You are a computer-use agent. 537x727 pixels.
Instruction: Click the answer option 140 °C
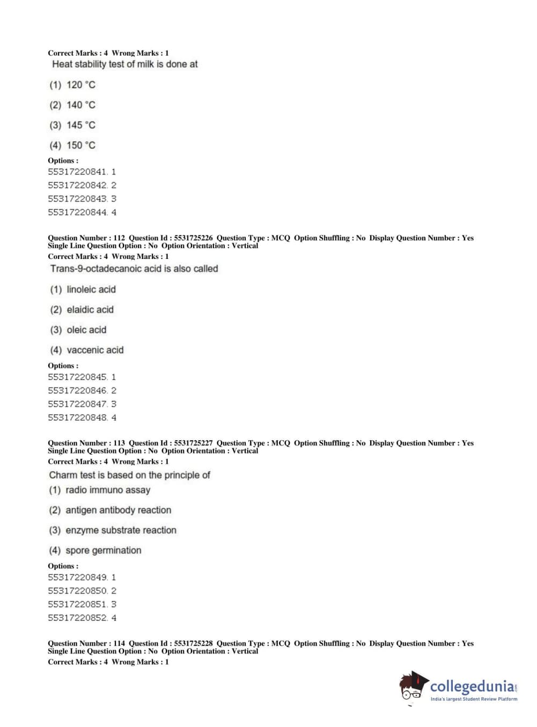[72, 105]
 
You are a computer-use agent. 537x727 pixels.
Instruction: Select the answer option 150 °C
[72, 145]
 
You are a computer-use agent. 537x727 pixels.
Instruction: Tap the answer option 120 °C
[72, 85]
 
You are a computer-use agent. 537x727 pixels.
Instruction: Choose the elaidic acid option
[82, 310]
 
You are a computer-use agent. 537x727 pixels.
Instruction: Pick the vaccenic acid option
[87, 350]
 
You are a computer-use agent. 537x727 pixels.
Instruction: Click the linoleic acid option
[83, 290]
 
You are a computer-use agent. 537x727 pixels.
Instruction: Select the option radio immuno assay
[100, 490]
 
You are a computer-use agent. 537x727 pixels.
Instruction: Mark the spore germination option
[95, 551]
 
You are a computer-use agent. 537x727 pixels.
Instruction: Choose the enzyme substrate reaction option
[113, 530]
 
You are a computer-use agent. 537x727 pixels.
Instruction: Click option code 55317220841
[78, 172]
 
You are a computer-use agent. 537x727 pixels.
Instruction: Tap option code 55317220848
[78, 418]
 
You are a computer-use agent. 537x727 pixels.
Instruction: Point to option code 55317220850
[78, 591]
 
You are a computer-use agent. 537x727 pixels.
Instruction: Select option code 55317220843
[78, 199]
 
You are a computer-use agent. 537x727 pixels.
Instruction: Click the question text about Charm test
[129, 475]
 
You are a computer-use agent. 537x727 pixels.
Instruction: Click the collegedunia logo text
[472, 686]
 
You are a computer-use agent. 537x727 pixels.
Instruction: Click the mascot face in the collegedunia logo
[412, 687]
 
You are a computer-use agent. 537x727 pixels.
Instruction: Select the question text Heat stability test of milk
[124, 64]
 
